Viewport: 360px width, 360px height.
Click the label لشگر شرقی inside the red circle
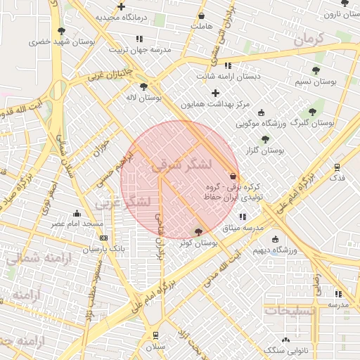(x=181, y=166)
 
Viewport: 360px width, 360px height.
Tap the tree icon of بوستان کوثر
(x=198, y=231)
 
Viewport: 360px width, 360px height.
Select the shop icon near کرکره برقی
(x=233, y=176)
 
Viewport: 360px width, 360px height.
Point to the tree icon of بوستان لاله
(x=143, y=87)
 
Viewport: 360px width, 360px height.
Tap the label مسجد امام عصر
(x=77, y=224)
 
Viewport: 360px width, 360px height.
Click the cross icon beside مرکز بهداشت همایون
(x=215, y=93)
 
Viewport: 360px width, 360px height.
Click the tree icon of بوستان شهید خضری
(x=62, y=31)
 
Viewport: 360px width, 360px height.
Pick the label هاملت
(x=201, y=26)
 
